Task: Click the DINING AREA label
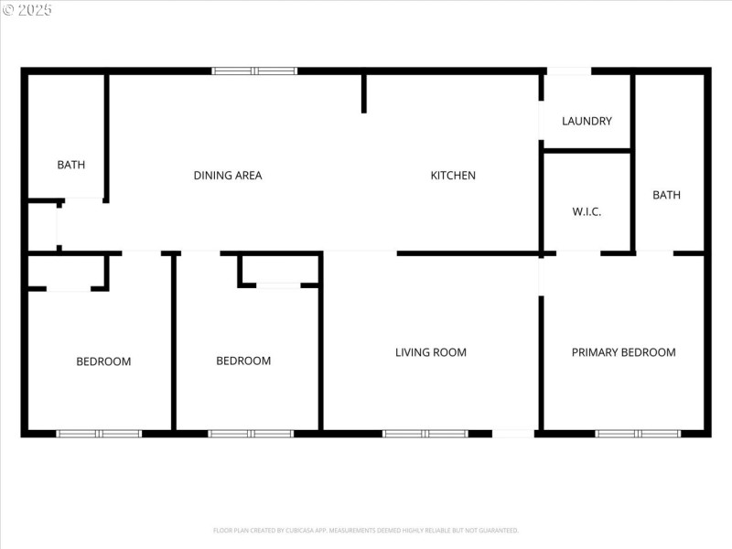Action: click(x=228, y=176)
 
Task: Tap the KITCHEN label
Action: click(x=453, y=176)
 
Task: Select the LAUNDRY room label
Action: click(x=587, y=121)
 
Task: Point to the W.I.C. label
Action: click(x=587, y=211)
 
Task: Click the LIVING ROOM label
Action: click(x=431, y=352)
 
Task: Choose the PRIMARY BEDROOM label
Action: click(x=624, y=352)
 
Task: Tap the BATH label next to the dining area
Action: click(x=71, y=166)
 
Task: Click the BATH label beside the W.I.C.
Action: click(x=667, y=195)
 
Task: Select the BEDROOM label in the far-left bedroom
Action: click(x=103, y=361)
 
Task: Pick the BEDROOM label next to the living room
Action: click(x=243, y=361)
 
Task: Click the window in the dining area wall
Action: click(x=254, y=70)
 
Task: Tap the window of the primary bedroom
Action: click(x=638, y=433)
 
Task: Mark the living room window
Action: click(x=425, y=433)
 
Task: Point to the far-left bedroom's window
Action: click(x=99, y=433)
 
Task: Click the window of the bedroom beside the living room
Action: click(x=251, y=433)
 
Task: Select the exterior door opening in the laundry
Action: click(x=568, y=70)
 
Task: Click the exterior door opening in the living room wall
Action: click(x=512, y=433)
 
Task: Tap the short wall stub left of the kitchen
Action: click(x=364, y=93)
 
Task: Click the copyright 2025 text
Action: click(x=27, y=9)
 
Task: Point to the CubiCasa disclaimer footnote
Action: click(x=366, y=530)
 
